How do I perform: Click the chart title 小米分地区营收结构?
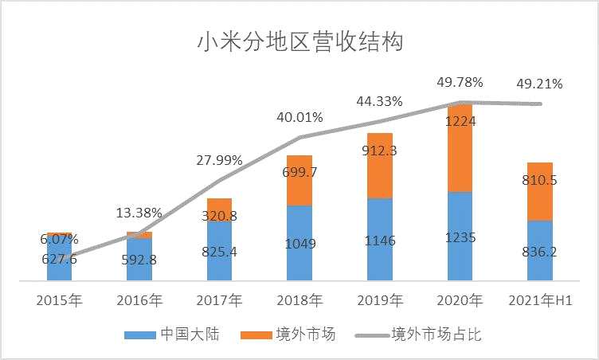coord(299,41)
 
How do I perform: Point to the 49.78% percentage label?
coord(460,82)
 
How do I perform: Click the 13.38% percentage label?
coord(139,213)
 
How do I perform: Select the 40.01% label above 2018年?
coord(299,117)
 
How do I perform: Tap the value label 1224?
coord(460,121)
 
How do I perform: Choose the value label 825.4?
coord(219,251)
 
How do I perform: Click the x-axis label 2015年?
coord(60,301)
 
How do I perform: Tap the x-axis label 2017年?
coord(219,301)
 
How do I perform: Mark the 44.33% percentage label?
coord(380,101)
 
